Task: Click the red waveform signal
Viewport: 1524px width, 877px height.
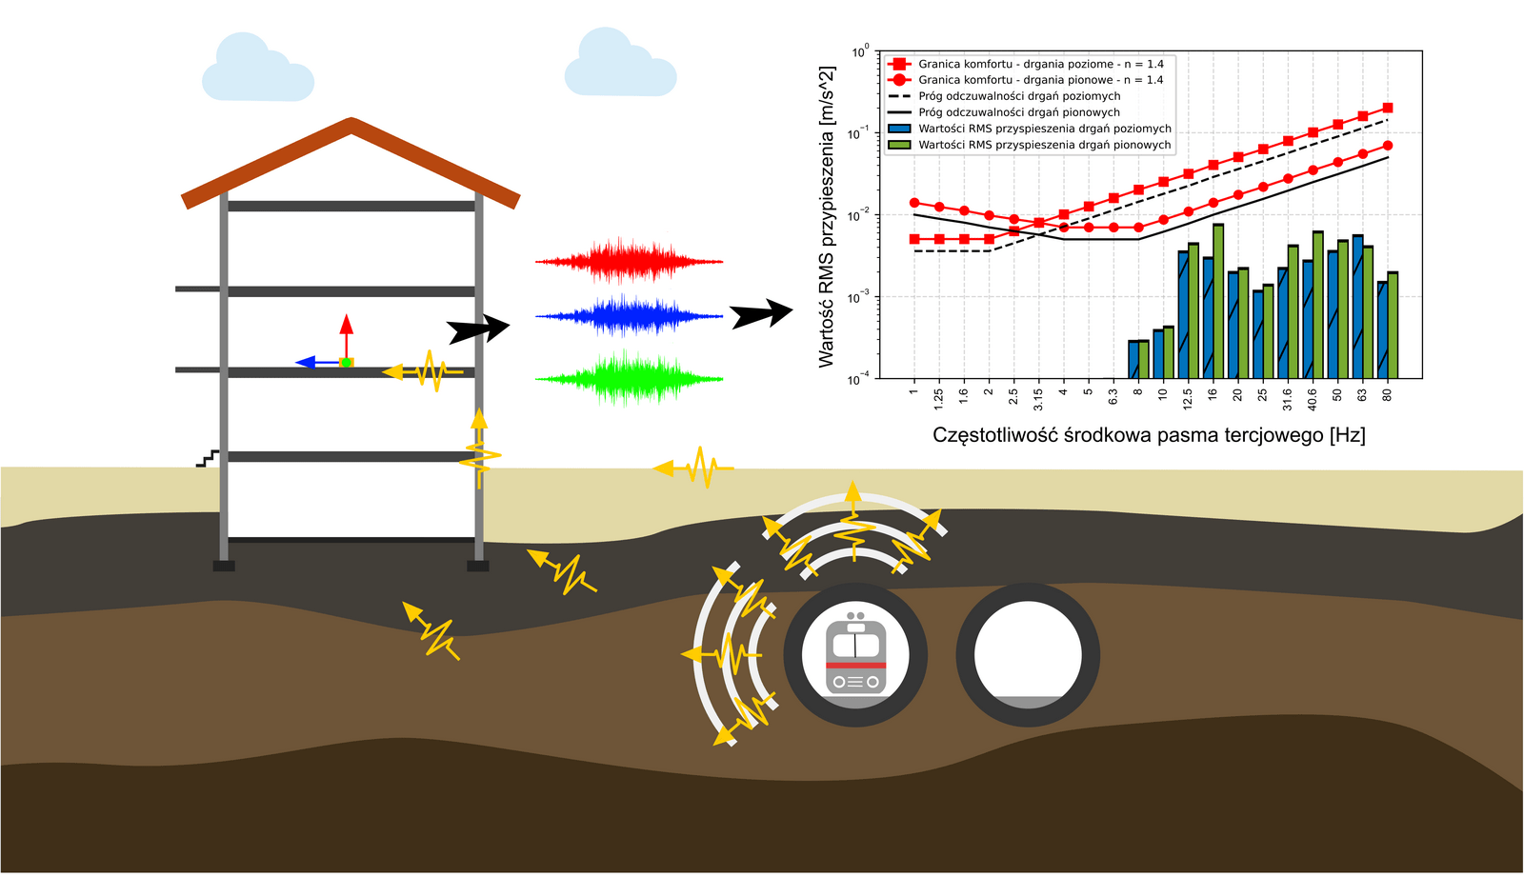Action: click(x=629, y=260)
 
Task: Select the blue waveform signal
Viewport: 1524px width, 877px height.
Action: click(x=629, y=315)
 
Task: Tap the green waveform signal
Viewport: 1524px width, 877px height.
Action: click(x=629, y=378)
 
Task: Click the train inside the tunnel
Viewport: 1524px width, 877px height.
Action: click(x=855, y=655)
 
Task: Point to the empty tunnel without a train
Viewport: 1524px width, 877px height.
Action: click(x=1028, y=654)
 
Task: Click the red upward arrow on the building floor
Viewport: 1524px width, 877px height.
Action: click(x=347, y=329)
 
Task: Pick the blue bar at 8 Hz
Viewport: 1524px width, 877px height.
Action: click(x=1133, y=359)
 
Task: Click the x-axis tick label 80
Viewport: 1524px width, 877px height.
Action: click(x=1387, y=394)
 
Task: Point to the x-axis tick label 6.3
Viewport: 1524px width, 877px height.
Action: click(x=1113, y=396)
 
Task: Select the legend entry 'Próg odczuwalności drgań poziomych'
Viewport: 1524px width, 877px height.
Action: click(x=1019, y=96)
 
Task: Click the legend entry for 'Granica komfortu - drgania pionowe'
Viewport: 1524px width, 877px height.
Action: click(x=1040, y=80)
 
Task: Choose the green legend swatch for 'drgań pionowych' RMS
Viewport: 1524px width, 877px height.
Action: click(x=899, y=145)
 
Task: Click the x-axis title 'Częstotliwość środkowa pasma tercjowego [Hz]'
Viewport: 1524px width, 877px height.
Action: click(x=1149, y=435)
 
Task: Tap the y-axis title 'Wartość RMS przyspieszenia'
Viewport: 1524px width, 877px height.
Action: click(x=826, y=217)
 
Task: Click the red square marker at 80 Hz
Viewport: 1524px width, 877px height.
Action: click(x=1387, y=109)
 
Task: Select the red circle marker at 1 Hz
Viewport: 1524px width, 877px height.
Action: click(x=914, y=203)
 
